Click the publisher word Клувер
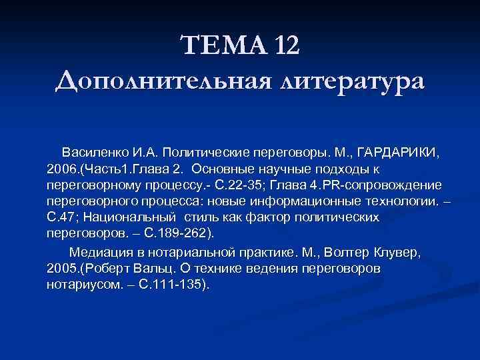401,253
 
